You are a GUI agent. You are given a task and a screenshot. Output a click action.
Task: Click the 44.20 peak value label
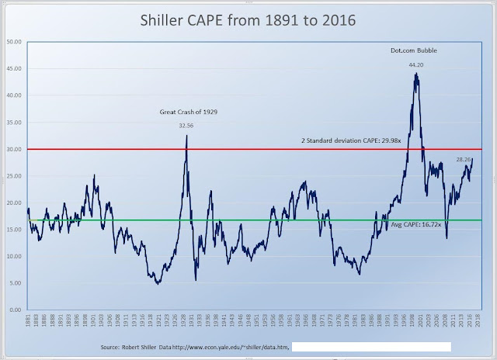pos(416,64)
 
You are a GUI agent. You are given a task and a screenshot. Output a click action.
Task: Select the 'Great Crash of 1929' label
pos(185,112)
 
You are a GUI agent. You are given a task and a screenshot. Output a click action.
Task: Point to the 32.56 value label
pos(186,124)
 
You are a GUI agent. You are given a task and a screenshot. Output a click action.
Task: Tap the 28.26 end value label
pos(464,160)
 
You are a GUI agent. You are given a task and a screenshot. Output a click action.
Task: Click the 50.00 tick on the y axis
pos(14,42)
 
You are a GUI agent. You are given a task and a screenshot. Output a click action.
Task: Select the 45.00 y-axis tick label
pos(14,68)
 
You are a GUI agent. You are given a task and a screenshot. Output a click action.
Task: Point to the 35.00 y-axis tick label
pos(14,122)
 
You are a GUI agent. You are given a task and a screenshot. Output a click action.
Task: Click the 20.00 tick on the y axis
pos(14,202)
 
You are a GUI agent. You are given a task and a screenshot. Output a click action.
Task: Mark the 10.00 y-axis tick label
pos(14,256)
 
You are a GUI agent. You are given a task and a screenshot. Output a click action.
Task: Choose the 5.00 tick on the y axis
pos(16,283)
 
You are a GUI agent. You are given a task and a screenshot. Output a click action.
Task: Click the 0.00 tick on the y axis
pos(16,310)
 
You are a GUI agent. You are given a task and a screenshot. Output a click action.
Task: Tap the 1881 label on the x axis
pos(28,321)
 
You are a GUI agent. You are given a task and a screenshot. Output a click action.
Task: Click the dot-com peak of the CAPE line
pos(416,74)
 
